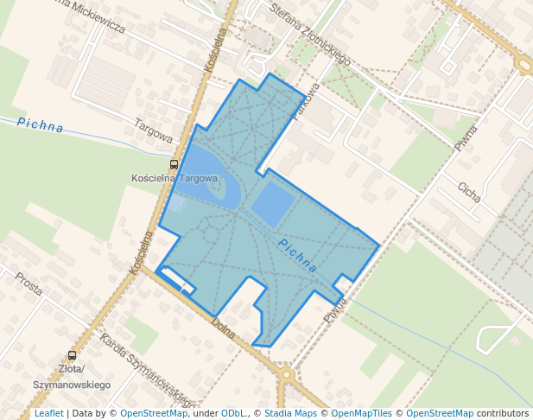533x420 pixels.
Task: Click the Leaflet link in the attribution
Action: pyautogui.click(x=48, y=413)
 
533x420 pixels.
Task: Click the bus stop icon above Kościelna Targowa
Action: pyautogui.click(x=174, y=164)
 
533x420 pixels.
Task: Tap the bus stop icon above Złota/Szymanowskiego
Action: pyautogui.click(x=72, y=355)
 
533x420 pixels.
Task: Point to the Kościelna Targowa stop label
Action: pyautogui.click(x=174, y=178)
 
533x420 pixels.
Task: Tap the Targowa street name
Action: pyautogui.click(x=154, y=130)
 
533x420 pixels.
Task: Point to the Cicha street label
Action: pyautogui.click(x=469, y=191)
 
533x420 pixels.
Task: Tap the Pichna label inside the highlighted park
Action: pyautogui.click(x=297, y=256)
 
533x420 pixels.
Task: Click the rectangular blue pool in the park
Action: pyautogui.click(x=272, y=204)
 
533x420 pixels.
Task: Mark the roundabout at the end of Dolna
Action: pyautogui.click(x=287, y=374)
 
